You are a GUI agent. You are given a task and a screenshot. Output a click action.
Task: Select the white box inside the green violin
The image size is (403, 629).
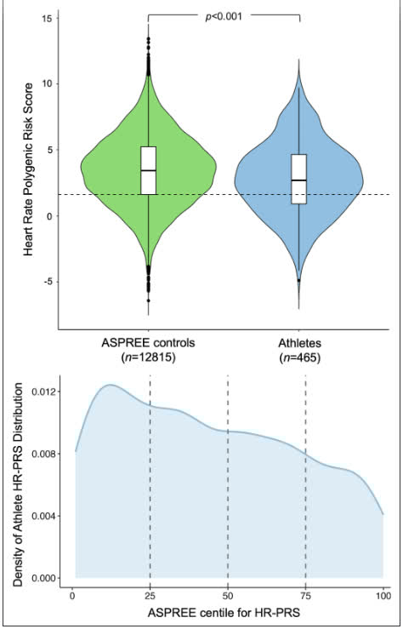pyautogui.click(x=149, y=170)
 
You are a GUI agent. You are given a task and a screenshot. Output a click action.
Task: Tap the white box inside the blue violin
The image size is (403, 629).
pyautogui.click(x=298, y=179)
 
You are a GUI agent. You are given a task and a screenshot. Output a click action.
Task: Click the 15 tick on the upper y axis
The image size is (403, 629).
pyautogui.click(x=48, y=19)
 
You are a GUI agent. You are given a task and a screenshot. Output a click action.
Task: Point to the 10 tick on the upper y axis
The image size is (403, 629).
pyautogui.click(x=48, y=84)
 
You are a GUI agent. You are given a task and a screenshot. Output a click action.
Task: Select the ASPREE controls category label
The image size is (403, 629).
pyautogui.click(x=148, y=342)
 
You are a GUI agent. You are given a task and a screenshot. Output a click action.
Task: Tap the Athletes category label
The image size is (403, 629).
pyautogui.click(x=298, y=342)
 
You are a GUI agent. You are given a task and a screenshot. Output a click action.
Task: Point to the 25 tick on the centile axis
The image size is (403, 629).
pyautogui.click(x=150, y=592)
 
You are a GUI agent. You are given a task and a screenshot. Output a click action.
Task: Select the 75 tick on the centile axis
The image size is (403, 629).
pyautogui.click(x=305, y=592)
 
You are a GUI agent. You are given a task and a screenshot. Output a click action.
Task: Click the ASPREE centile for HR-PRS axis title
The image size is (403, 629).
pyautogui.click(x=227, y=611)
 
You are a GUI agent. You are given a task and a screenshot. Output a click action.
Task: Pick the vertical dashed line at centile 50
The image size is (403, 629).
pyautogui.click(x=228, y=477)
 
